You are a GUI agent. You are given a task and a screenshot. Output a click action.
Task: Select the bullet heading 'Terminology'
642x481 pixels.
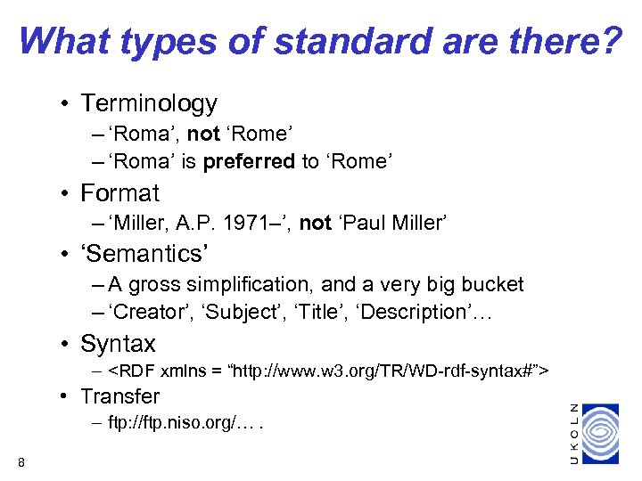point(149,103)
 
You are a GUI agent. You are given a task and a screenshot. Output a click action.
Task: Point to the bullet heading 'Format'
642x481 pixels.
point(119,193)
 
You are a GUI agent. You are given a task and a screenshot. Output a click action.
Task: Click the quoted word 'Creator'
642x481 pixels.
point(145,312)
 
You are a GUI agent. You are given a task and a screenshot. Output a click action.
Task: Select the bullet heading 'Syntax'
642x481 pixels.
point(118,344)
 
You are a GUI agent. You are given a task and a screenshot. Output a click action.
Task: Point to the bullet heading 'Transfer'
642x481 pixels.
point(119,396)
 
